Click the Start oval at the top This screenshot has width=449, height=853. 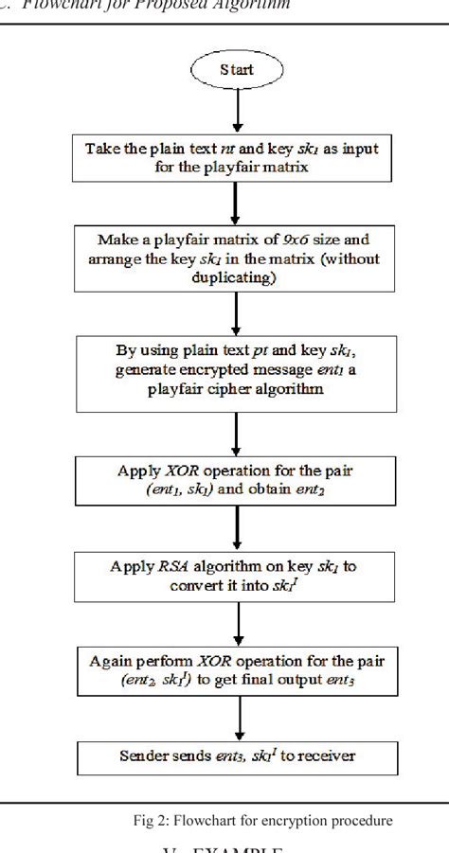[237, 69]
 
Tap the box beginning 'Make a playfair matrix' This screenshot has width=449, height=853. [237, 258]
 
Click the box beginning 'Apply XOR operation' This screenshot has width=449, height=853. [237, 477]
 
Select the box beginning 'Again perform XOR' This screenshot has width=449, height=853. [237, 669]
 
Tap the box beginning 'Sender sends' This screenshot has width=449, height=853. [237, 755]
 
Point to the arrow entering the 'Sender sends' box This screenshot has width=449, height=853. [237, 720]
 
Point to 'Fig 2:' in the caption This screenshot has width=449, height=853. [152, 820]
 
